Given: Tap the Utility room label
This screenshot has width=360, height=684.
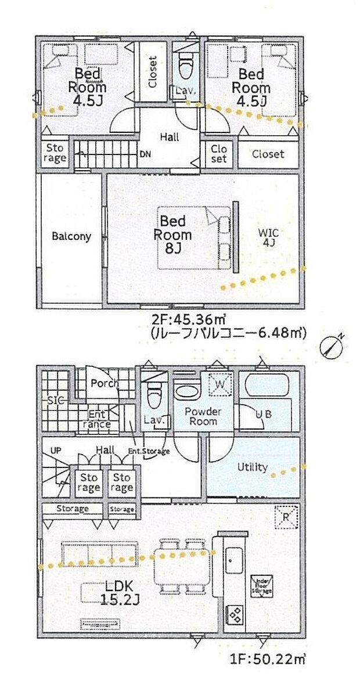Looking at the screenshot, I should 252,467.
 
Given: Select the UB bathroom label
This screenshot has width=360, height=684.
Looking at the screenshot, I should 264,414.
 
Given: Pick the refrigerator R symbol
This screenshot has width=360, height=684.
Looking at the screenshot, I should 287,516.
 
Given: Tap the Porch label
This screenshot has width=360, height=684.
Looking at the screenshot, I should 105,383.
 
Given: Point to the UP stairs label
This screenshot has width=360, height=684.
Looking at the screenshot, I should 56,450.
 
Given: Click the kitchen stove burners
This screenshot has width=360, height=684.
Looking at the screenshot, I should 236,613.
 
